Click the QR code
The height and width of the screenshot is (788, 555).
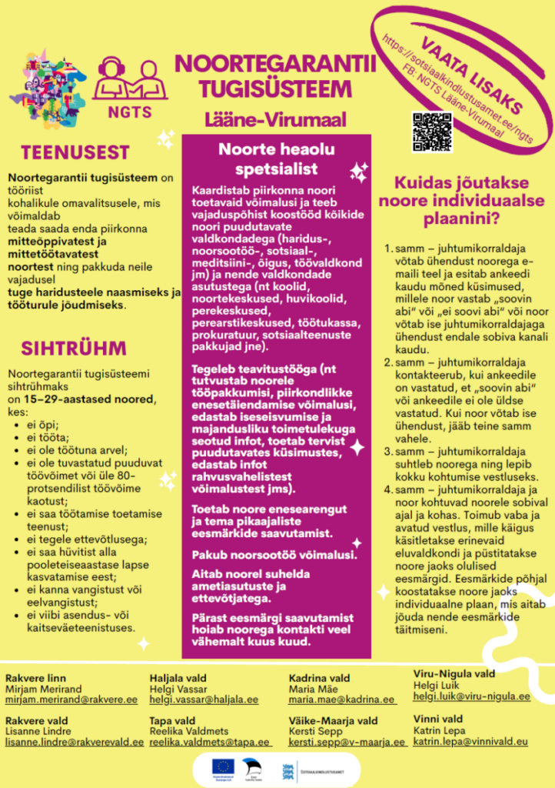coord(431,132)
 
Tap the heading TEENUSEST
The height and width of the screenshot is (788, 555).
coord(75,152)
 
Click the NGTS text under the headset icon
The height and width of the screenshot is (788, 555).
coord(130,109)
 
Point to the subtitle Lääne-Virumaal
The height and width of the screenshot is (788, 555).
coord(275,119)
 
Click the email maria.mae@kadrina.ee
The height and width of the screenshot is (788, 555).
coord(342,700)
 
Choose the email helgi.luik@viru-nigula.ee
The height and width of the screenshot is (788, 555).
coord(472,696)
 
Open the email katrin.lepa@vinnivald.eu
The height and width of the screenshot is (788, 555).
coord(470,741)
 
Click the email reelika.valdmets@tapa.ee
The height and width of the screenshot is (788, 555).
coord(210,742)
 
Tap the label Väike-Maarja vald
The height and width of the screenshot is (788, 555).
coord(333,721)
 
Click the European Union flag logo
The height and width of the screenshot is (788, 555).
coord(224,766)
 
